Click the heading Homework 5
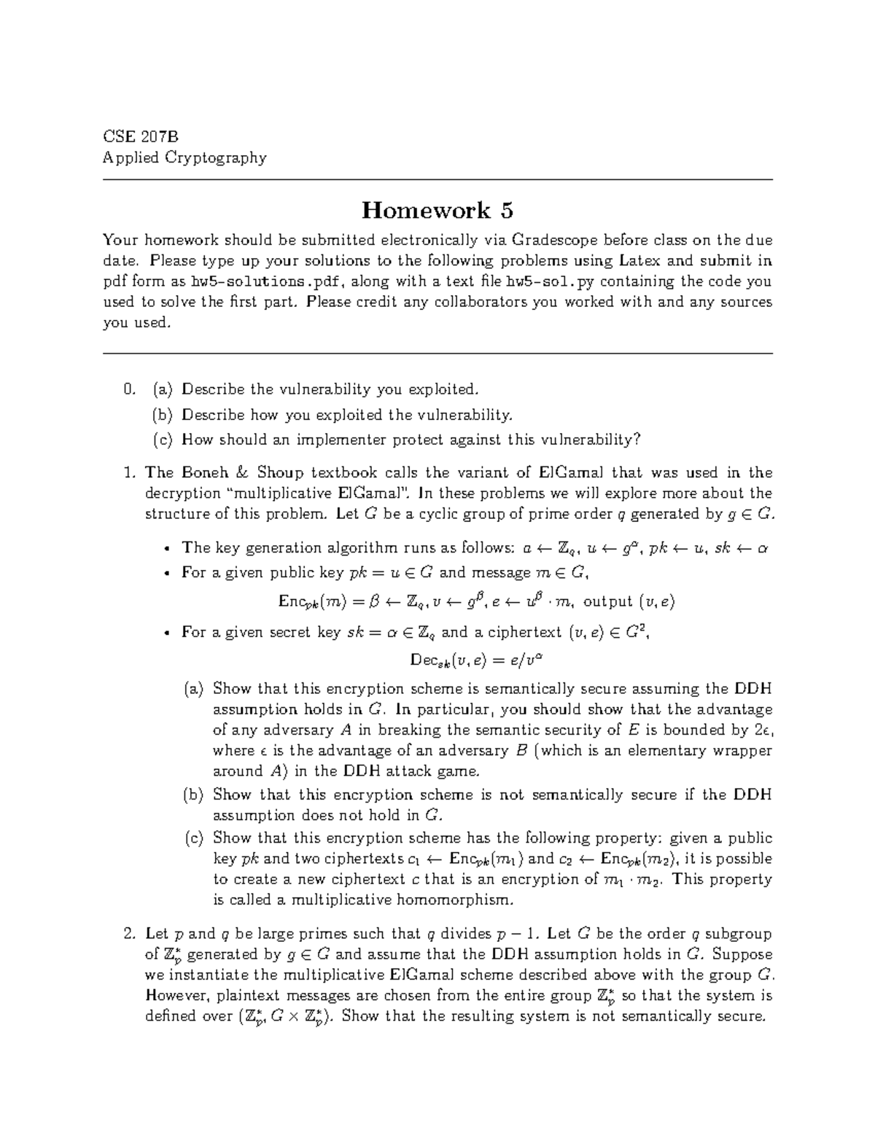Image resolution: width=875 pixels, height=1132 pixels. (x=437, y=211)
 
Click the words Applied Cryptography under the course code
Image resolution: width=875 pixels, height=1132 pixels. (x=184, y=157)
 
